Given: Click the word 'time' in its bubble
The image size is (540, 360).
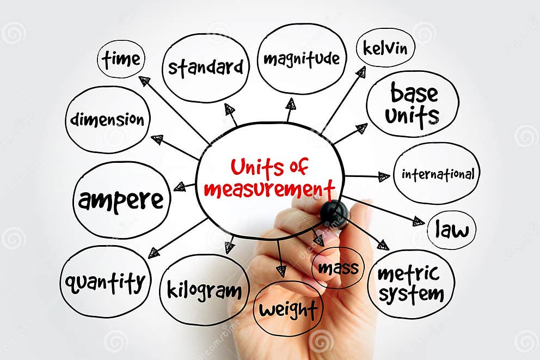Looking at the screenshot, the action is pos(121,59).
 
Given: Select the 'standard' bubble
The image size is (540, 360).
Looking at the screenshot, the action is pos(205,68).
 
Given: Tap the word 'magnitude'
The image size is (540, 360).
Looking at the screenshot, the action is pos(301,58).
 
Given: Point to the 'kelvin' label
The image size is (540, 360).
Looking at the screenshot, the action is pos(385,48).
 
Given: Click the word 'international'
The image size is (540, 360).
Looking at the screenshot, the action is pos(438,174).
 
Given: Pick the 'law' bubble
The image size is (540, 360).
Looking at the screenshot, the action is pos(451,230).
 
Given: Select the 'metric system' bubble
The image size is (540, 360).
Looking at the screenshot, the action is pos(411,283).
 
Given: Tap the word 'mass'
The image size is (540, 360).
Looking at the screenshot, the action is pos(338,267).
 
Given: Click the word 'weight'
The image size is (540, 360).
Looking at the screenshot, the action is pos(288,309).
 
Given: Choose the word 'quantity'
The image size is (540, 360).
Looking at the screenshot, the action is pos(105,282).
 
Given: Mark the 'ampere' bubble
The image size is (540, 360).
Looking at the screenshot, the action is pos(121,200).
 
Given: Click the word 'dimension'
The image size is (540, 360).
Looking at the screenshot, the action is pos(107,119).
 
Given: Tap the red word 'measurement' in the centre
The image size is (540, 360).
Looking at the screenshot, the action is pos(269,190).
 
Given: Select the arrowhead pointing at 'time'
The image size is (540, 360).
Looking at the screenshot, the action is pos(144,81).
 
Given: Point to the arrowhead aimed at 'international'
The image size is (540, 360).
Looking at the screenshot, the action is pos(384,176).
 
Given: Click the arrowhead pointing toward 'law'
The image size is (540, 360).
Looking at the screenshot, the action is pos(418,221).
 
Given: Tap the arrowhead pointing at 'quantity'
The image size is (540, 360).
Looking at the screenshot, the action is pos(154,253).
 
